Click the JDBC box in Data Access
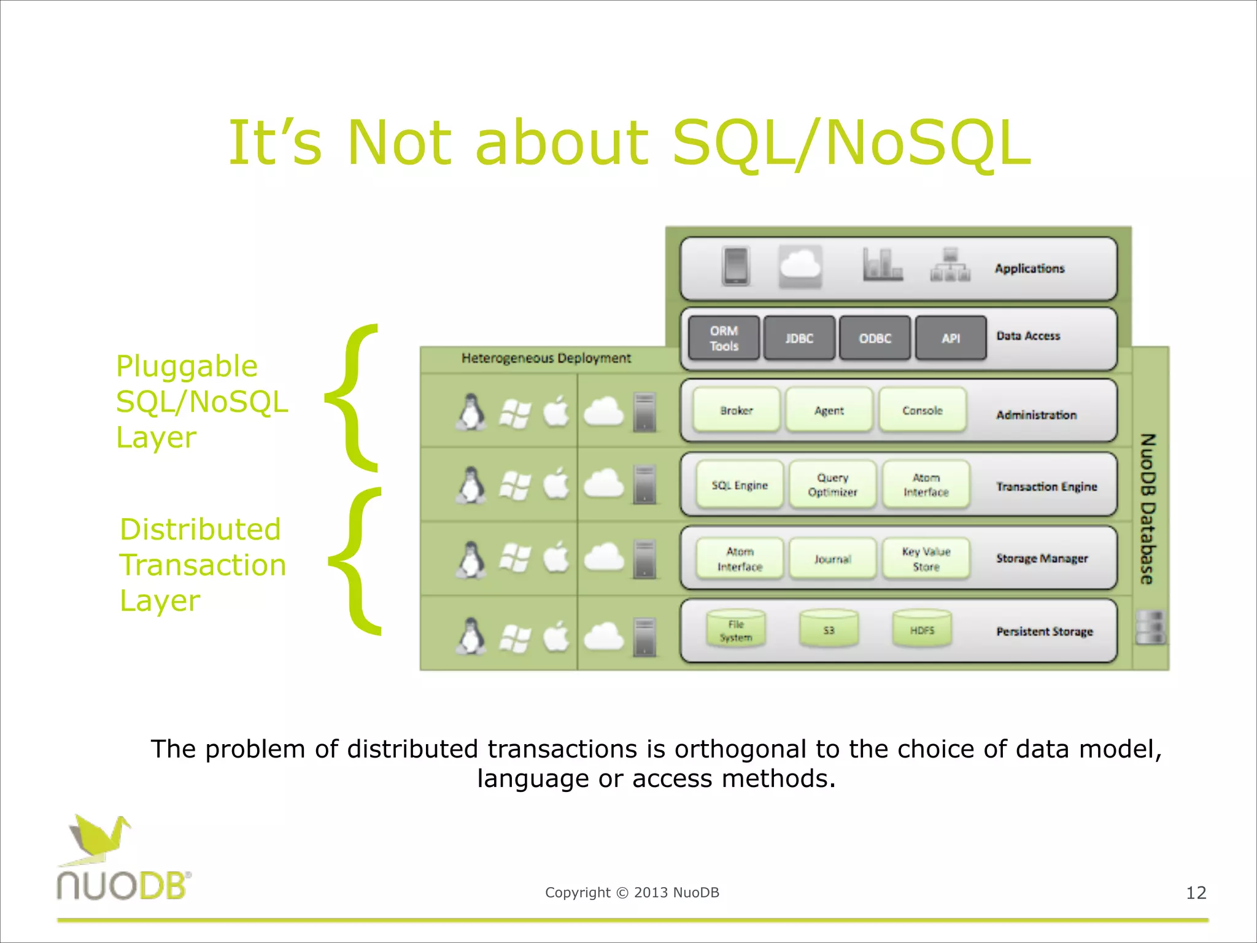[799, 338]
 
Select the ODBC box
[875, 338]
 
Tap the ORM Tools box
[724, 338]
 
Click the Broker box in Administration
[736, 410]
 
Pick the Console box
[922, 410]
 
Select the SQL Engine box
[740, 485]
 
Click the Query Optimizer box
[832, 485]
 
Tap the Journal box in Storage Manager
[832, 559]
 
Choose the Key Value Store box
[926, 559]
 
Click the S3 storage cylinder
[829, 630]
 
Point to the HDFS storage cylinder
[922, 630]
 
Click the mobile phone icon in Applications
[736, 266]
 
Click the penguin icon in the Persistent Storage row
[471, 635]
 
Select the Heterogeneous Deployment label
[546, 358]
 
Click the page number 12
[1196, 893]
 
